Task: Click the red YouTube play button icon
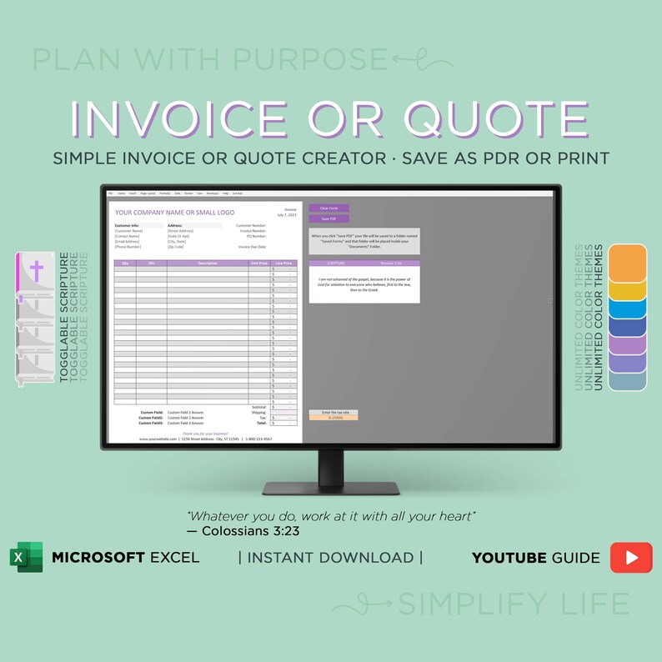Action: point(631,557)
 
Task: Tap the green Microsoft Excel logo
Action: point(26,557)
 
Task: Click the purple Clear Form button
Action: point(328,208)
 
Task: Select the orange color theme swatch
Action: point(629,263)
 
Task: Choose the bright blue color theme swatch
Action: point(629,308)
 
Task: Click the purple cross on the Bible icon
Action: point(36,272)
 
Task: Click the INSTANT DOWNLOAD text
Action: point(330,557)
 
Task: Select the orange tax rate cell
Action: point(334,417)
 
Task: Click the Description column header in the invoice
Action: point(207,263)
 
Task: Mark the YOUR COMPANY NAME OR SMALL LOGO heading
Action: point(174,213)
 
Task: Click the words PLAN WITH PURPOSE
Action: point(208,59)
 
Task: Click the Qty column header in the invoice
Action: point(125,263)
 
